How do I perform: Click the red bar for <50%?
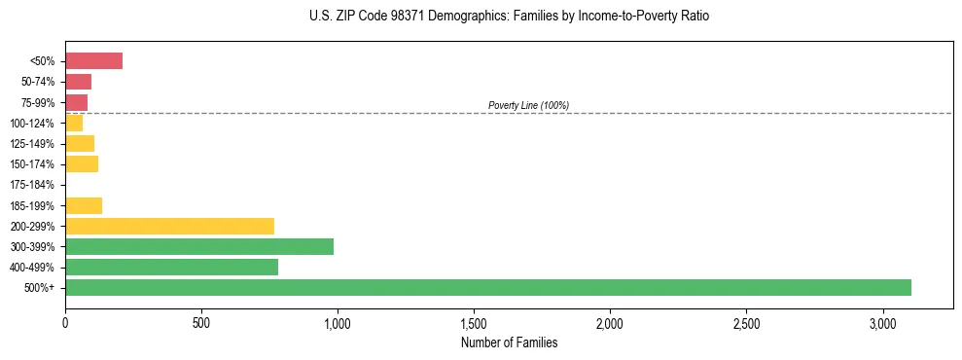(93, 61)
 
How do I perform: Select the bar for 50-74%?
(78, 82)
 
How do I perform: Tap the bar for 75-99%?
(76, 102)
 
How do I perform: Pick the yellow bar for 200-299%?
(169, 226)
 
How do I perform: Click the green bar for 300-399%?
(199, 246)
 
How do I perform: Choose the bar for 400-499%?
(171, 267)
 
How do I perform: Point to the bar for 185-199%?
(84, 205)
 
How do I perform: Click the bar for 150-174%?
(82, 164)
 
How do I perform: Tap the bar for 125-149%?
(80, 144)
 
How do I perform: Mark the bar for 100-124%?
(74, 124)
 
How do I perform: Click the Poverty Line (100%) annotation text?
(528, 105)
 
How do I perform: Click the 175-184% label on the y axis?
(33, 185)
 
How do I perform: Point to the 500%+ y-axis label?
(39, 288)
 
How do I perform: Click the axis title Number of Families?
(509, 342)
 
